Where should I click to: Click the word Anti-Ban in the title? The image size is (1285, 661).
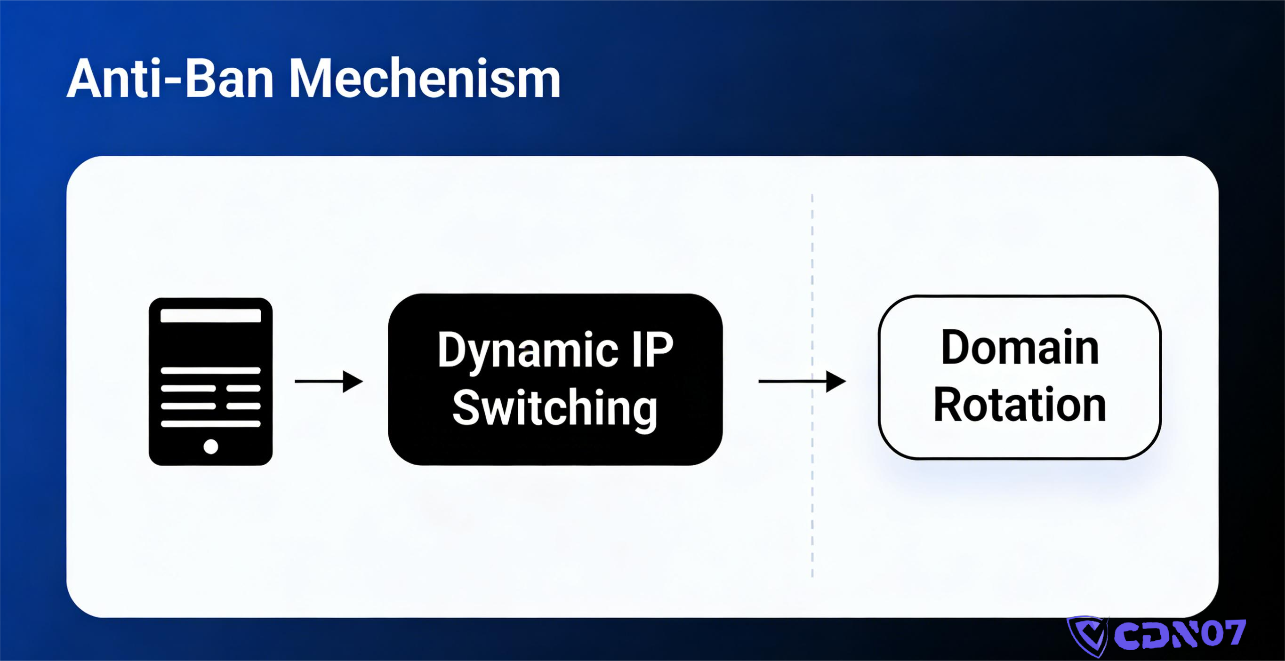coord(169,79)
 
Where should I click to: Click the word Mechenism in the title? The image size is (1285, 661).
coord(425,79)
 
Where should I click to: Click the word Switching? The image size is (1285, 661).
coord(554,408)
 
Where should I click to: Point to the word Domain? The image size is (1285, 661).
coord(1020,348)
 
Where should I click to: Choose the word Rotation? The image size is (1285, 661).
coord(1020,405)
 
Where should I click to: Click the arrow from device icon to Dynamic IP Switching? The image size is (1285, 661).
coord(329,382)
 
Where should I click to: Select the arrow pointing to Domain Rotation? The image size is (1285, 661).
coord(802,382)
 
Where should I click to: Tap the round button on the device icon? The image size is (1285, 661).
coord(210,446)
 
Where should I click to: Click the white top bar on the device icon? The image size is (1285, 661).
coord(210,316)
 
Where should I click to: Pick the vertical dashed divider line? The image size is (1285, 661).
coord(812,499)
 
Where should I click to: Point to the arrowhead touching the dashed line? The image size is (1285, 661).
coord(835,382)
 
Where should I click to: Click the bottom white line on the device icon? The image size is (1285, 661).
coord(210,424)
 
